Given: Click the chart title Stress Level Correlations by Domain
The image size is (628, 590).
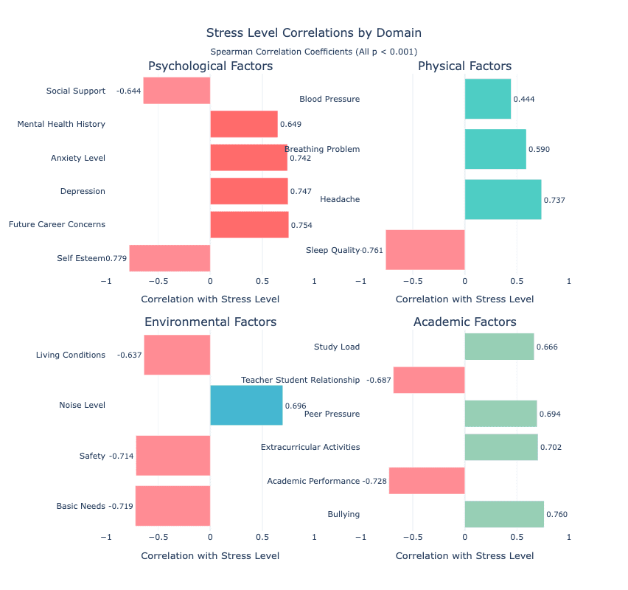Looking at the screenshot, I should tap(314, 33).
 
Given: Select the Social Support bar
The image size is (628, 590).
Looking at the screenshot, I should tap(177, 91).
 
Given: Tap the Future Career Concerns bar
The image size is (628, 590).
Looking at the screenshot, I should tap(249, 224).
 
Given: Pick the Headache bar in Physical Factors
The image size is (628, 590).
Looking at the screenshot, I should tap(503, 199).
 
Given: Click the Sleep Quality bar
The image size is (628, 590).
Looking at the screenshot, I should tap(425, 250).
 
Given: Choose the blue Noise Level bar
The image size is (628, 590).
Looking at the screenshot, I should tap(246, 405).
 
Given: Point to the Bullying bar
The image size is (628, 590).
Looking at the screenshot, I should tap(504, 514).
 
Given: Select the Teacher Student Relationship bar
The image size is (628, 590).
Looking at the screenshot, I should tap(429, 380).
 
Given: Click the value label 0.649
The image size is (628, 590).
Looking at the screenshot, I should tap(290, 124).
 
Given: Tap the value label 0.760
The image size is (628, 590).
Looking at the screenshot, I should tap(557, 515).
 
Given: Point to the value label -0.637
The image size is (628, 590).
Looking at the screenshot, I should tap(129, 355).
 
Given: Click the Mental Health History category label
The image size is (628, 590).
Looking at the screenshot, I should tap(61, 124).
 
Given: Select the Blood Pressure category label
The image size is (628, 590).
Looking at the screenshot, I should tap(329, 99).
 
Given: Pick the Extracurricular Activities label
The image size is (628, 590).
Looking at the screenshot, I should tap(310, 447).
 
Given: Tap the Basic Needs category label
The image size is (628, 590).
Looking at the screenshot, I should tap(81, 506).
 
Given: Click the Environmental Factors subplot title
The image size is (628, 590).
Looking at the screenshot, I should tap(210, 322).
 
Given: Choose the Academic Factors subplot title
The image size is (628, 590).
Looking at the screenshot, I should tap(464, 322).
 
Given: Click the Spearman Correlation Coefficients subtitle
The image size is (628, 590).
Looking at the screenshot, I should tap(314, 52).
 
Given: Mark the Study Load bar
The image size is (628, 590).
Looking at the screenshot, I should tap(499, 347).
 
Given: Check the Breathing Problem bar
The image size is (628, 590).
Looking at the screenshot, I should tap(495, 149).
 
